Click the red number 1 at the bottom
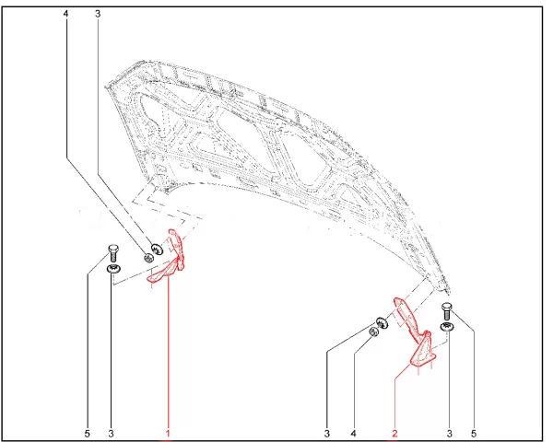168,433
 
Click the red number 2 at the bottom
394,433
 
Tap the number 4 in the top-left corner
65,14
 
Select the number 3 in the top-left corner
98,14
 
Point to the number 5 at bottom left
88,433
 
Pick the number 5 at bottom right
474,433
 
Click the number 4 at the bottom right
353,433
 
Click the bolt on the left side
113,253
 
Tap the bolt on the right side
447,311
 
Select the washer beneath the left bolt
113,269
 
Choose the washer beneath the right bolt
447,327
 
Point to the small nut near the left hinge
148,258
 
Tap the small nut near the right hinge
373,331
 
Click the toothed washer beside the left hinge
157,250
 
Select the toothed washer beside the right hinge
382,323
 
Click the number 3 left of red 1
112,433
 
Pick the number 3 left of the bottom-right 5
450,433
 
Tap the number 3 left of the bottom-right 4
327,433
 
